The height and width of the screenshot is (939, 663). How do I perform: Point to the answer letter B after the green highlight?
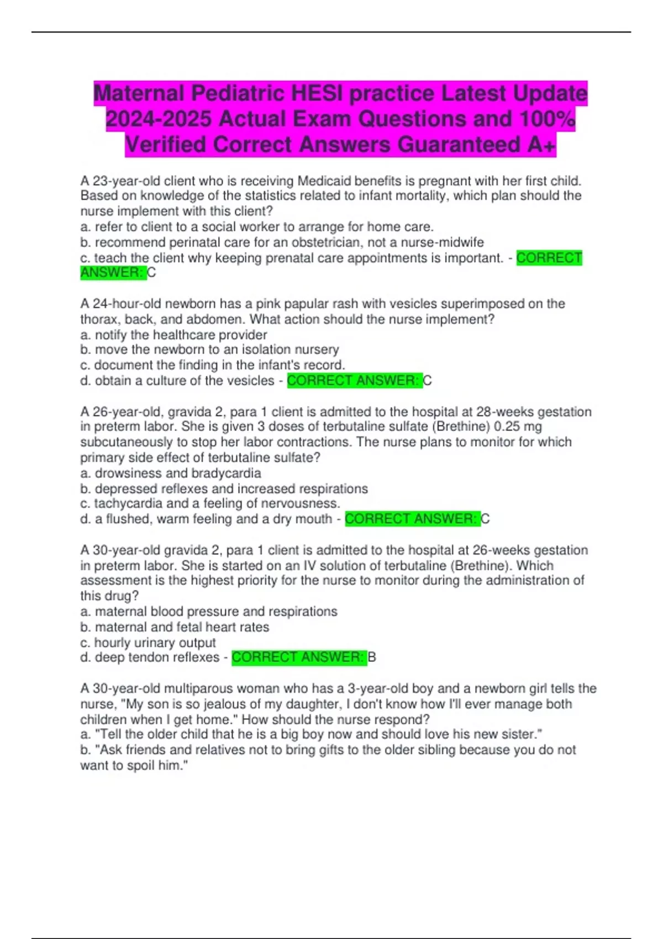[x=372, y=657]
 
